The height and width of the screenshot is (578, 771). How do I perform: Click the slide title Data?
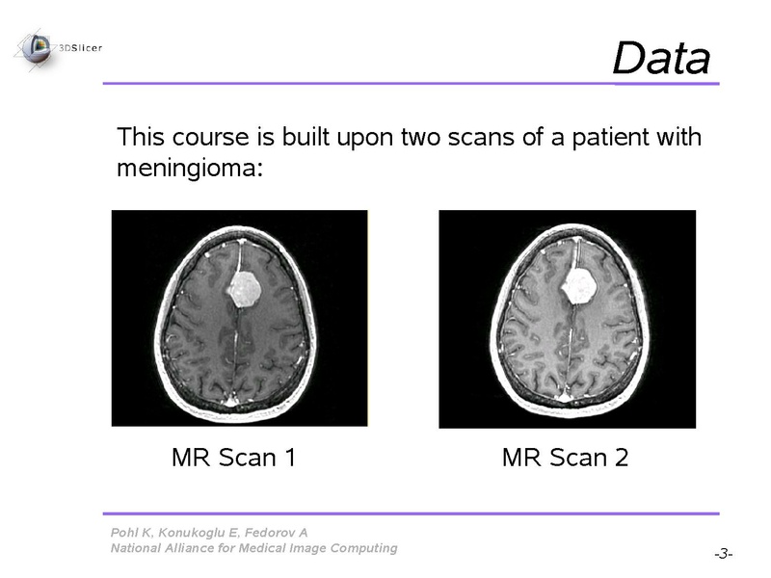(x=661, y=58)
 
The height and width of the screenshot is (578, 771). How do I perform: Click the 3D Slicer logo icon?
(x=36, y=49)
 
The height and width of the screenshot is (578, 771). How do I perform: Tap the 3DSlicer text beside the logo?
(x=80, y=48)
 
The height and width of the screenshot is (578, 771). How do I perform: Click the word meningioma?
(x=190, y=168)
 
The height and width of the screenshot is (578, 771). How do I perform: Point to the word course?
(x=210, y=137)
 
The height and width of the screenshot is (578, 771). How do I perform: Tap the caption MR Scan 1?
(x=234, y=457)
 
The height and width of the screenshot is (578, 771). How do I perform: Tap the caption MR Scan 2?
(x=566, y=457)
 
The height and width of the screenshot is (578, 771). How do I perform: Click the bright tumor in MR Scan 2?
(x=580, y=286)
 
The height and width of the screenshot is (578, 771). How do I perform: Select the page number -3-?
(x=724, y=554)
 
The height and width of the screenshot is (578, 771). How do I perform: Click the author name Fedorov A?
(x=277, y=533)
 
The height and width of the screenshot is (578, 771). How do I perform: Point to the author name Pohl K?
(x=132, y=533)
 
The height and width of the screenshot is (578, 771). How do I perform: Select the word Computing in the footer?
(x=363, y=549)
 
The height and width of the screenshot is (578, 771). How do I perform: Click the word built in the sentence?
(x=305, y=137)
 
